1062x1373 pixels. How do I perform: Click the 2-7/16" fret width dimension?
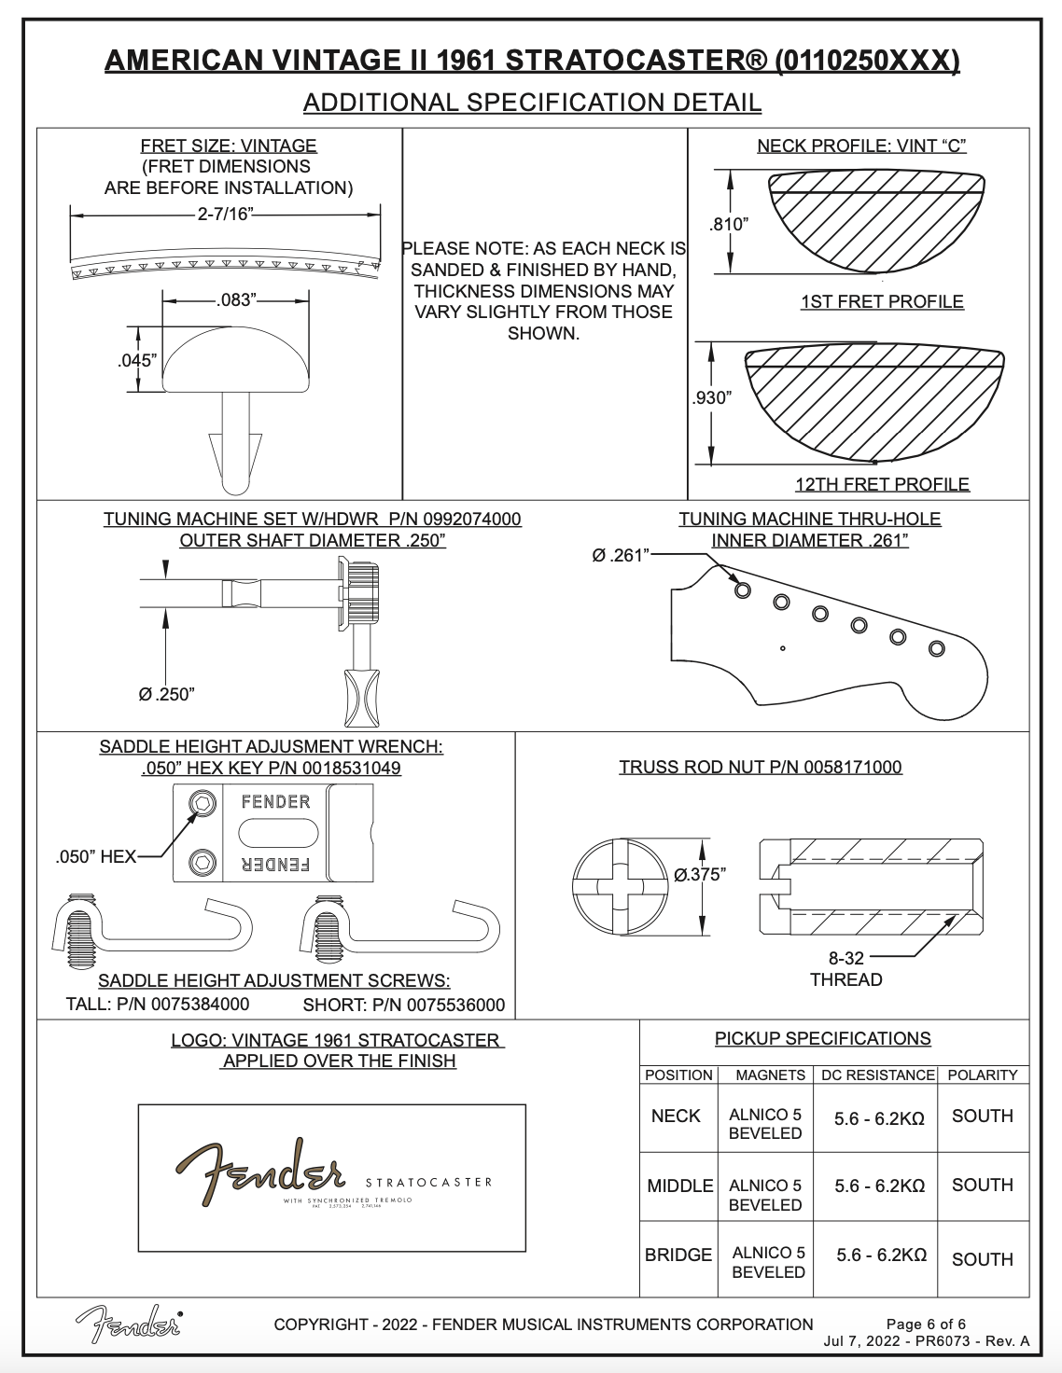224,214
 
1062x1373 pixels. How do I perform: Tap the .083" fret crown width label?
235,299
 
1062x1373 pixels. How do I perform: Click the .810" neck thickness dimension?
729,223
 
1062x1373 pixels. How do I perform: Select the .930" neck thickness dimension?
712,397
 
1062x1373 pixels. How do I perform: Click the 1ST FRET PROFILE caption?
881,301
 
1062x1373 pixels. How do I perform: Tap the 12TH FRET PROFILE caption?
881,484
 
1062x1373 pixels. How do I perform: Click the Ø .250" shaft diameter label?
166,694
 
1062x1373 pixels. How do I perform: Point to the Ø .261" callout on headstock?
618,555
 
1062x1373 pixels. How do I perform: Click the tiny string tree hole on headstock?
783,648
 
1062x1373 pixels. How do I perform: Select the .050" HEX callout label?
96,856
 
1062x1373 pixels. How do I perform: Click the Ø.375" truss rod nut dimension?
701,874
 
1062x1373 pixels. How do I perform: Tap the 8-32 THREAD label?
845,968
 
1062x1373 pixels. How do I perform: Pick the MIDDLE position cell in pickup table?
679,1186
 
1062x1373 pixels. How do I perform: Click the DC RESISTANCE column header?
877,1075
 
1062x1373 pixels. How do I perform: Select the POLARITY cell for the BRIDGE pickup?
982,1258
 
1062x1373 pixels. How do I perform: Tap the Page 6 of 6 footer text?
926,1324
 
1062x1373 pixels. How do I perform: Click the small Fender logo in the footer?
129,1323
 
